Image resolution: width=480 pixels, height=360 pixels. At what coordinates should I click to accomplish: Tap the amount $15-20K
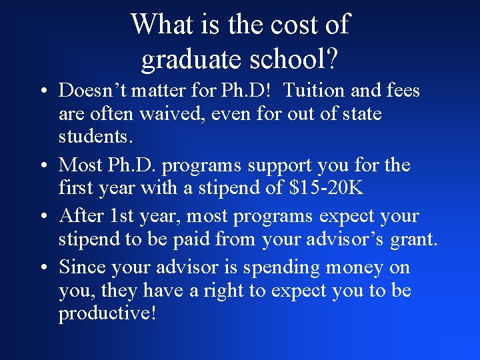326,187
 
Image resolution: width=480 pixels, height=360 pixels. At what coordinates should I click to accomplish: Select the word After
79,216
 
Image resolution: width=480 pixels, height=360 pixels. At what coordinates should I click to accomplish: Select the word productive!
107,313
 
